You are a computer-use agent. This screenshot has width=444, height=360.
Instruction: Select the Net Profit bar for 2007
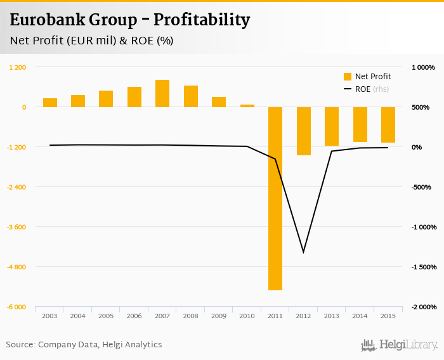(162, 93)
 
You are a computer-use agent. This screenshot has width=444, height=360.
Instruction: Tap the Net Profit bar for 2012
(304, 131)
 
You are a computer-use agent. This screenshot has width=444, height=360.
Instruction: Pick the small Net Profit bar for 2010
(247, 105)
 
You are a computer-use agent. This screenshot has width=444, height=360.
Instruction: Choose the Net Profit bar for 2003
(50, 103)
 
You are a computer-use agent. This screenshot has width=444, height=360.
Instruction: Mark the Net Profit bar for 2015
(388, 124)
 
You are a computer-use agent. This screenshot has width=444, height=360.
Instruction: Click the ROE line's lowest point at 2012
(304, 252)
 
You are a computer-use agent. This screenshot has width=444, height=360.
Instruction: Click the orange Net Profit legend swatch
(347, 77)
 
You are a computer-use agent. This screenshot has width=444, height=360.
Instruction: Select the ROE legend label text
(363, 89)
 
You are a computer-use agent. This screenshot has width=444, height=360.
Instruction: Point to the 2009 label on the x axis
(219, 316)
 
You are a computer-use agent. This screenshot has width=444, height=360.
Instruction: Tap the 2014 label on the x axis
(360, 316)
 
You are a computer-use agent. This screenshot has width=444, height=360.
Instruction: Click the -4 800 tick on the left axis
(17, 267)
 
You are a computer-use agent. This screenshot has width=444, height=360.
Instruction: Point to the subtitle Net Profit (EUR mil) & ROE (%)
(91, 41)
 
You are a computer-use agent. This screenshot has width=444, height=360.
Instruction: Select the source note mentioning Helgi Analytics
(84, 345)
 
